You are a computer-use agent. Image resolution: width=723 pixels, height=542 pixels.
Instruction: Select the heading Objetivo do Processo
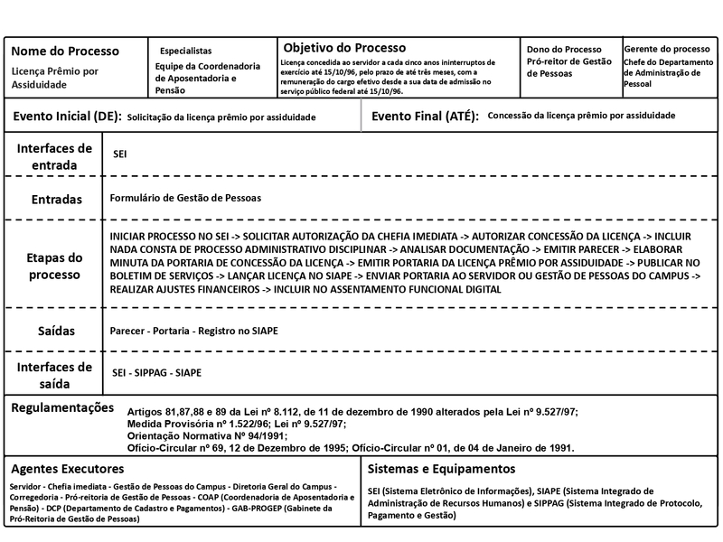point(345,47)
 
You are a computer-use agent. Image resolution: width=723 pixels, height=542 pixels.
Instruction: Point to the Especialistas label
point(186,51)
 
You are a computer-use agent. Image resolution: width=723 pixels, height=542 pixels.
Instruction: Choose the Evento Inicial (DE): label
point(66,117)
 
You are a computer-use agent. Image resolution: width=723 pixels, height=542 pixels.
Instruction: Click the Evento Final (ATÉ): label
point(425,117)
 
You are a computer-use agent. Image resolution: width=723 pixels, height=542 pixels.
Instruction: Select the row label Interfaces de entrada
point(54,156)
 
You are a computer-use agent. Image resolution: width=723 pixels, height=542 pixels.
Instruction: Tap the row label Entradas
point(55,199)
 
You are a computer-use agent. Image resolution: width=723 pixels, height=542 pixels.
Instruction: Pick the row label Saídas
point(55,332)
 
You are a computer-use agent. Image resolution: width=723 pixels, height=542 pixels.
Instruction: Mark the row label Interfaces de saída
point(55,374)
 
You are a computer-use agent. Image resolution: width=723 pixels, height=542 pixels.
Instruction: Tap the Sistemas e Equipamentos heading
point(441,469)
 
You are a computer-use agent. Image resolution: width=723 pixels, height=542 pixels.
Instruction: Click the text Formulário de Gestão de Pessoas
point(185,198)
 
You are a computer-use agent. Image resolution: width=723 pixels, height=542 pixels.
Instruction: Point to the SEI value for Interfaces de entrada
point(119,155)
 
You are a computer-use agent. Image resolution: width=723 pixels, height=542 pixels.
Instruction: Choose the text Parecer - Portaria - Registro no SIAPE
point(193,332)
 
